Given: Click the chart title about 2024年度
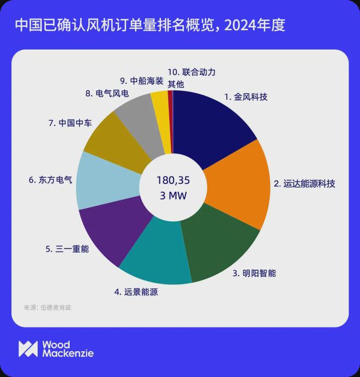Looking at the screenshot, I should pos(149,25).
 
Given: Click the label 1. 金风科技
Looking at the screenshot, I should pos(246,98).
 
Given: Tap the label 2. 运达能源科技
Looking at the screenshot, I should pos(304,184).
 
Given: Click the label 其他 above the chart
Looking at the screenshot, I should pos(175,84).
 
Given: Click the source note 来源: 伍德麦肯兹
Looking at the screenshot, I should pos(47,307).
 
